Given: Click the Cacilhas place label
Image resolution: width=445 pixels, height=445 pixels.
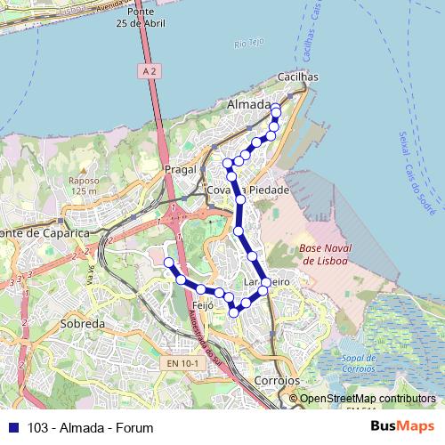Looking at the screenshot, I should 299,77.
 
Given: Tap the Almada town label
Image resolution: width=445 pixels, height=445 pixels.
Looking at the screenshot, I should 248,105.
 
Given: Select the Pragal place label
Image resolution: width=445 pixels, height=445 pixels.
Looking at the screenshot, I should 179,168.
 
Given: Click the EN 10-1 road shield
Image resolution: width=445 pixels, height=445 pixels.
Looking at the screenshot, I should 182,363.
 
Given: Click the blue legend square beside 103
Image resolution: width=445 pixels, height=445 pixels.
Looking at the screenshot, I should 12,428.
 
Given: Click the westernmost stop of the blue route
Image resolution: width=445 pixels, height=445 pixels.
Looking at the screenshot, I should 168,262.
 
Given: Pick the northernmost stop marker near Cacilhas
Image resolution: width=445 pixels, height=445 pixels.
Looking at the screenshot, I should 275,109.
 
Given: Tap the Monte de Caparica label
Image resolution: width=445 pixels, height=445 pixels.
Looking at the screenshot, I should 44,232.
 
